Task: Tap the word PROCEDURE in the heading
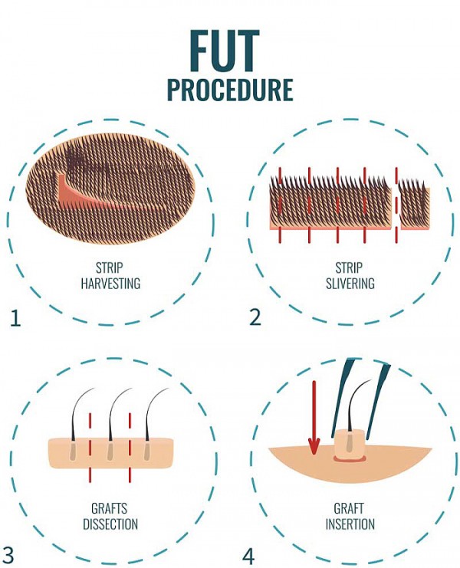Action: click(x=230, y=90)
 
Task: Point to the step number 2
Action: click(x=255, y=316)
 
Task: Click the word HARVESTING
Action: click(x=111, y=284)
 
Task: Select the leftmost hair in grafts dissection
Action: click(x=79, y=414)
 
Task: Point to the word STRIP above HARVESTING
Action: click(x=111, y=268)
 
